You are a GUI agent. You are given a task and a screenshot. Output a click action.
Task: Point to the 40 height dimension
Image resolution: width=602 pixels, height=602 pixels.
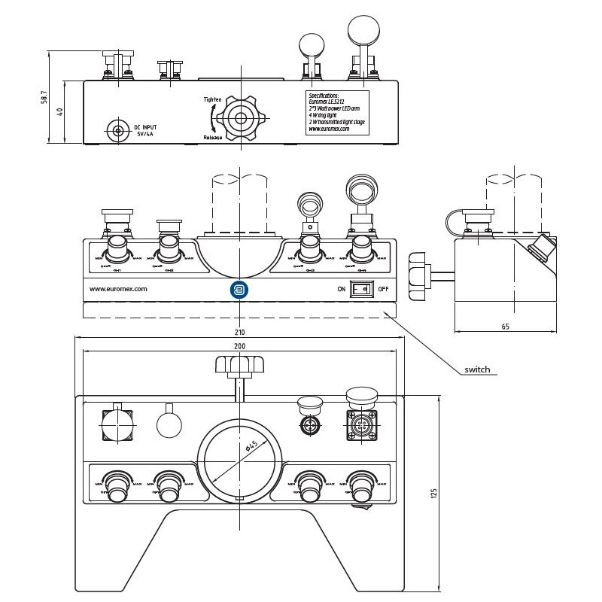60,111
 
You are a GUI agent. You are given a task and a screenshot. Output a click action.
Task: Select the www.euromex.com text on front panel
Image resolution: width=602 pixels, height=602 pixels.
118,288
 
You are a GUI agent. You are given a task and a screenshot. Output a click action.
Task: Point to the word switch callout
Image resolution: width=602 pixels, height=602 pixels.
477,369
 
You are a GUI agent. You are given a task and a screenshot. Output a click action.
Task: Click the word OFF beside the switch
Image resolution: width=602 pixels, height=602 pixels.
383,288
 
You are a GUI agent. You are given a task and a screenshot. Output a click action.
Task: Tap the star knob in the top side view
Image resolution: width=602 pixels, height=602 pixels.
241,117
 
